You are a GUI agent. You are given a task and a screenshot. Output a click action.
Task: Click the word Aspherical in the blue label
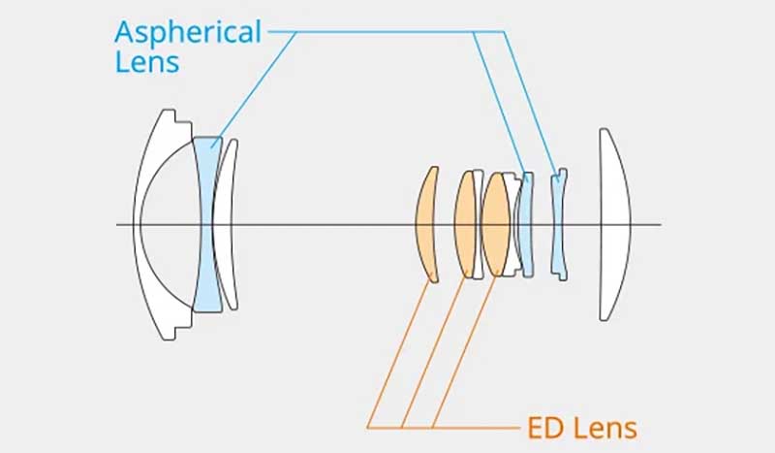pyautogui.click(x=188, y=32)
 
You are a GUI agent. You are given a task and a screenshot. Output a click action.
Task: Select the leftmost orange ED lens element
pyautogui.click(x=426, y=224)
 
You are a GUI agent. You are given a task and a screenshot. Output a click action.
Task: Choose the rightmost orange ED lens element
pyautogui.click(x=496, y=224)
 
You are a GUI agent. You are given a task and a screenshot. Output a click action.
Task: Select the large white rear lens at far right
pyautogui.click(x=613, y=224)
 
